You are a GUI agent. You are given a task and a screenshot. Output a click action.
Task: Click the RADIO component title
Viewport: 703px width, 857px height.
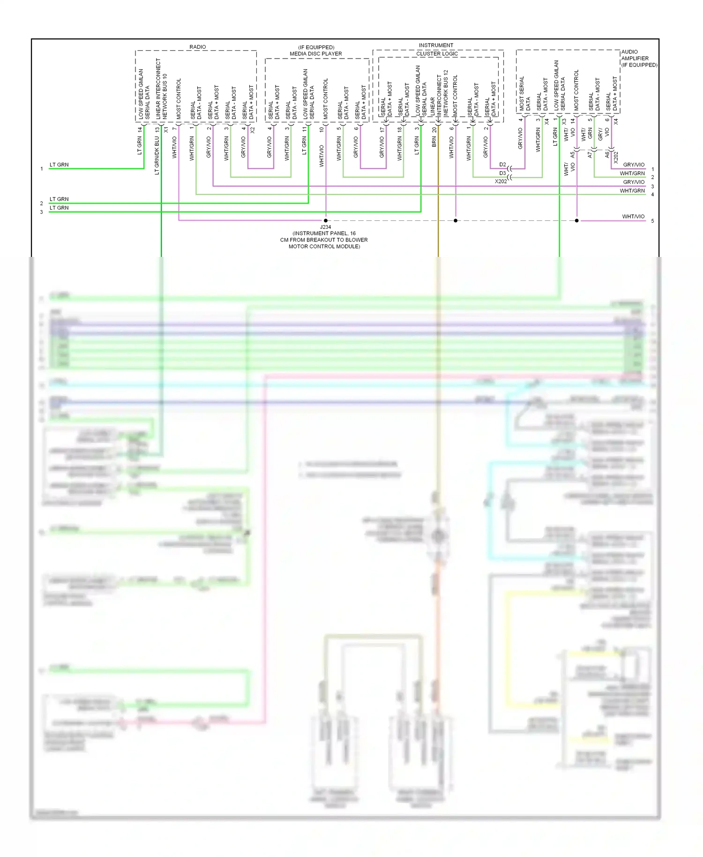pyautogui.click(x=197, y=47)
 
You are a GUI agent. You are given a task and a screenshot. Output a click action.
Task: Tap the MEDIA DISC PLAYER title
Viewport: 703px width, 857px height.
pyautogui.click(x=315, y=54)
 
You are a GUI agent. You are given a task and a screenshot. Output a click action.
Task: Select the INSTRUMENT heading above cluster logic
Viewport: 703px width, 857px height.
pyautogui.click(x=436, y=45)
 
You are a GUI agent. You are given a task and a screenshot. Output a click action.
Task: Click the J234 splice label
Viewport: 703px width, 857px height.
pyautogui.click(x=325, y=227)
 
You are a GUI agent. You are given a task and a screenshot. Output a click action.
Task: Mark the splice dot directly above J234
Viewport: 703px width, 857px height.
pyautogui.click(x=326, y=220)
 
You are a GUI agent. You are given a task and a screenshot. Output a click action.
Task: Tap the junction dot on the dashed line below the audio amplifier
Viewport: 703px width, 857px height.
pyautogui.click(x=577, y=220)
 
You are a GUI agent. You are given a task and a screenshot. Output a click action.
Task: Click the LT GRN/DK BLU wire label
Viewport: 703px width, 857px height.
pyautogui.click(x=157, y=156)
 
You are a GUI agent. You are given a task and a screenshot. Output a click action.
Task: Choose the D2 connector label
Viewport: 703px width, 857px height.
pyautogui.click(x=502, y=165)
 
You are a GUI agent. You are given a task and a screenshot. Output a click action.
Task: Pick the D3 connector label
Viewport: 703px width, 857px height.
pyautogui.click(x=502, y=173)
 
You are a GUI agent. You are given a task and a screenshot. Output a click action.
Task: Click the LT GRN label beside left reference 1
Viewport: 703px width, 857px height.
pyautogui.click(x=59, y=165)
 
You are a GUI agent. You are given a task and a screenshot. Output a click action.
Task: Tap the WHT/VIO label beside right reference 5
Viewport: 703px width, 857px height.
pyautogui.click(x=633, y=217)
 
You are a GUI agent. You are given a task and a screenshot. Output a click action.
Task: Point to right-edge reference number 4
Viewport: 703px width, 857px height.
pyautogui.click(x=652, y=195)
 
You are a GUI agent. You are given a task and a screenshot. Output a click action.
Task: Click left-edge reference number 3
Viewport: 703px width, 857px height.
pyautogui.click(x=41, y=212)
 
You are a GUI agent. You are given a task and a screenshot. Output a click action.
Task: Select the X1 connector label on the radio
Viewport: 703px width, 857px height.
pyautogui.click(x=166, y=129)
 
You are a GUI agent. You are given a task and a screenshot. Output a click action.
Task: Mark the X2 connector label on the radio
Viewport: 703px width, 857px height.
pyautogui.click(x=253, y=130)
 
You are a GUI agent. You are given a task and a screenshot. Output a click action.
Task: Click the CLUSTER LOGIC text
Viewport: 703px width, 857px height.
pyautogui.click(x=437, y=54)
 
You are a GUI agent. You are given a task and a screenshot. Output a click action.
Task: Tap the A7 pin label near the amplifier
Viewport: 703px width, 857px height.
pyautogui.click(x=590, y=154)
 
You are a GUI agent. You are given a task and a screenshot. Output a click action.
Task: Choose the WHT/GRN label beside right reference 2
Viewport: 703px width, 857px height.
pyautogui.click(x=632, y=173)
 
